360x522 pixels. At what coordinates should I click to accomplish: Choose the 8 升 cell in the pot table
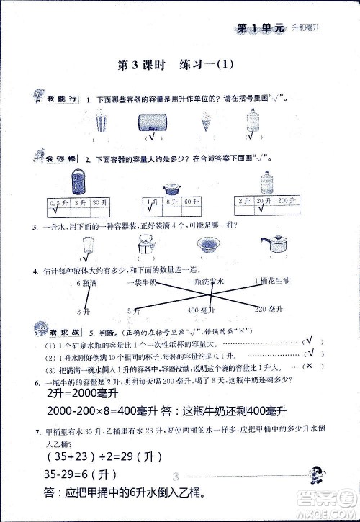(171, 203)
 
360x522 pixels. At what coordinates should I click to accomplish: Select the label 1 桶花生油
(274, 281)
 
